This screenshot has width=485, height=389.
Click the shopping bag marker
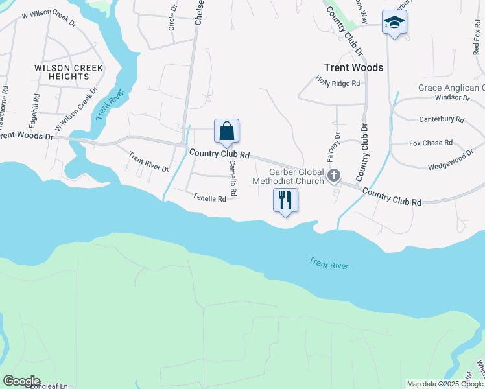[x=226, y=131]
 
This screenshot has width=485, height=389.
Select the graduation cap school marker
[x=394, y=23]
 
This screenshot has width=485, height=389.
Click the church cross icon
[x=334, y=175]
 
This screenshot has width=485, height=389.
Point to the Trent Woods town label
[x=353, y=67]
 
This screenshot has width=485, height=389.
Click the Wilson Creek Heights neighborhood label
[x=62, y=72]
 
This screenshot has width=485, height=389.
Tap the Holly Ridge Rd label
[x=337, y=83]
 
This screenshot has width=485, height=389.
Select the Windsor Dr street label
[x=452, y=97]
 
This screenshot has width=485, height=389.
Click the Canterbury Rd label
[x=442, y=119]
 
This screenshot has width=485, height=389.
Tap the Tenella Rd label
[x=209, y=198]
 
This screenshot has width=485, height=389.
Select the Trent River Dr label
[x=148, y=162]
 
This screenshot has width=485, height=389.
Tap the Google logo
[x=21, y=381]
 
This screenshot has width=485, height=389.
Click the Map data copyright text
[x=445, y=384]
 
